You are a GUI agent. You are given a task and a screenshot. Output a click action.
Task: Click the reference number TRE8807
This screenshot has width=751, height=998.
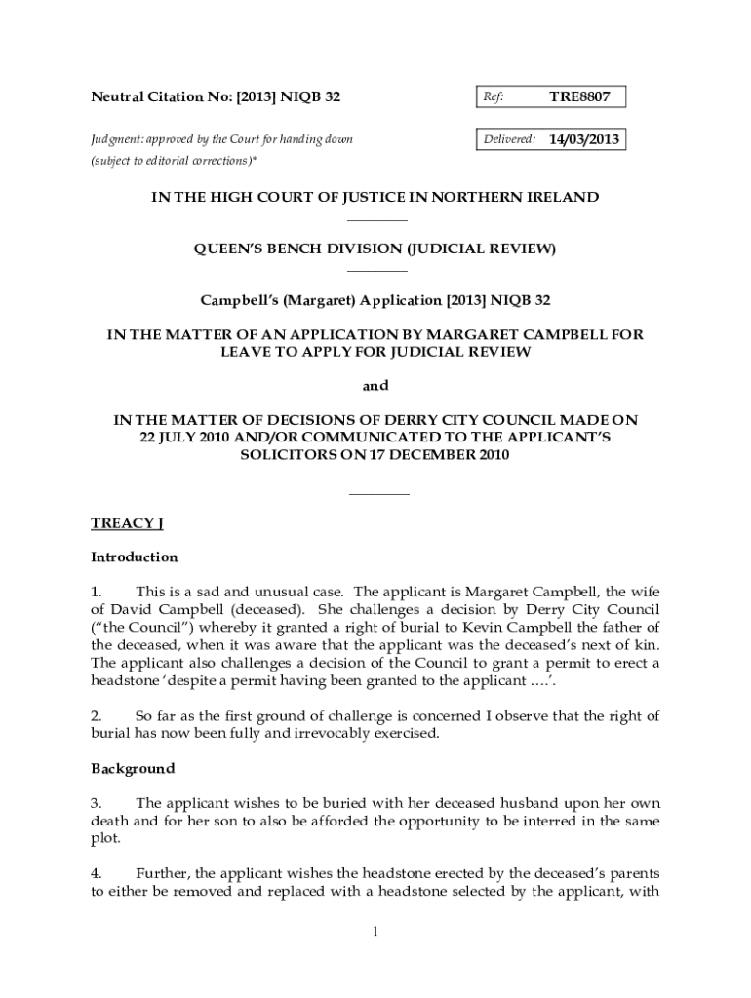(x=579, y=96)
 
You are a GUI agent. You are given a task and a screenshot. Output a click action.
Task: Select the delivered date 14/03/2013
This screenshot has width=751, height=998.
(x=583, y=139)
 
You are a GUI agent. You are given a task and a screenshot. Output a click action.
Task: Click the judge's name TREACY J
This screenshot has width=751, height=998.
(x=126, y=523)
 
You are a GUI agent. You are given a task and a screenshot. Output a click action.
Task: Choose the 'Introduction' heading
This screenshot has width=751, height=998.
(x=135, y=557)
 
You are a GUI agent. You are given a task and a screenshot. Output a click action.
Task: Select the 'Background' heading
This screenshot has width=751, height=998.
(x=133, y=768)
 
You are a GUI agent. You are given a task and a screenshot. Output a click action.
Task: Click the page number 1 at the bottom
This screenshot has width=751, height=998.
(x=375, y=932)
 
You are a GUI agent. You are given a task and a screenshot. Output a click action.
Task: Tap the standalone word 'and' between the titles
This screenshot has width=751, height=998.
(x=375, y=386)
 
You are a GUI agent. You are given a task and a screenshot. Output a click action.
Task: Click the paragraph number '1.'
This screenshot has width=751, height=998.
(x=97, y=591)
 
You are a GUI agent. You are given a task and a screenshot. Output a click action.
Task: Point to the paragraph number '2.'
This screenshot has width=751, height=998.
(x=97, y=716)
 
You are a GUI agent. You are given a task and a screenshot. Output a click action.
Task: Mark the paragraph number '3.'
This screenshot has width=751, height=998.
(x=97, y=803)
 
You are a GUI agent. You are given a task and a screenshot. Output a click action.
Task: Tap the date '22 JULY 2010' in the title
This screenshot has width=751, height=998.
(x=178, y=438)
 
